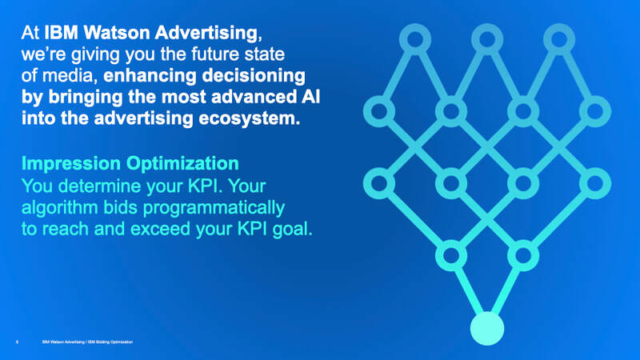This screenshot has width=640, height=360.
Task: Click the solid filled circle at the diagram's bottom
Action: point(487,329)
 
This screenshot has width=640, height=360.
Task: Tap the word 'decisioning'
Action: point(254,76)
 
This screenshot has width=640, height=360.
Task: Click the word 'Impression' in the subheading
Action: point(71,164)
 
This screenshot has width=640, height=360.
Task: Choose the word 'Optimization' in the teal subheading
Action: point(182,164)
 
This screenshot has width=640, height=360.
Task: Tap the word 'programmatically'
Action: point(214,208)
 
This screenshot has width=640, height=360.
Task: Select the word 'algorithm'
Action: point(59,208)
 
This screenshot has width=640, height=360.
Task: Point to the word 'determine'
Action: point(101,186)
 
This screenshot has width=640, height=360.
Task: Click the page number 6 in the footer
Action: point(17,342)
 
